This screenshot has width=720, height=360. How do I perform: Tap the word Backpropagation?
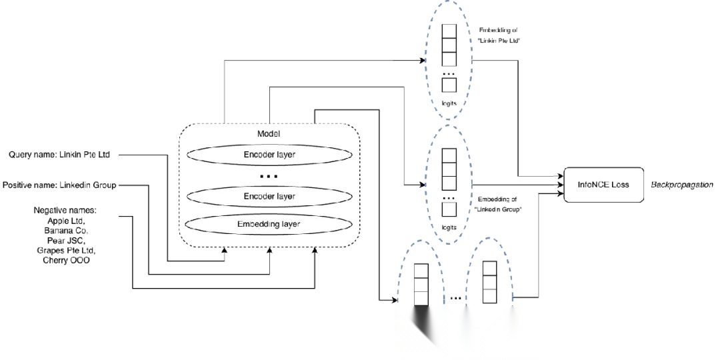point(681,184)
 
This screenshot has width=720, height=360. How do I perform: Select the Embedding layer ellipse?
point(269,224)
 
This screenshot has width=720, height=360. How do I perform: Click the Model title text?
point(269,134)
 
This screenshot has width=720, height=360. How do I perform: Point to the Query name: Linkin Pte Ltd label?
point(59,155)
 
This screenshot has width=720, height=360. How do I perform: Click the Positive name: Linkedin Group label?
point(60,185)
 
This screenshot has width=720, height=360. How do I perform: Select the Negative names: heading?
point(65,210)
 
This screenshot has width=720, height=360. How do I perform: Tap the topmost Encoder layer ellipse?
point(269,155)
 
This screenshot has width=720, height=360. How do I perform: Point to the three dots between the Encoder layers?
point(269,177)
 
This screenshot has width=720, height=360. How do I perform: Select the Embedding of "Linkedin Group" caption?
point(499,205)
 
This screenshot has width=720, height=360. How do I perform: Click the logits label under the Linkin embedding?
point(449,104)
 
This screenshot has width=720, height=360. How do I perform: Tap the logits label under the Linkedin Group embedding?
point(449,227)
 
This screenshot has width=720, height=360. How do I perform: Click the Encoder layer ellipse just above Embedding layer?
point(269,197)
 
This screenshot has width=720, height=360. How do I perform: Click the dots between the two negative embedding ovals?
point(456,298)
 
